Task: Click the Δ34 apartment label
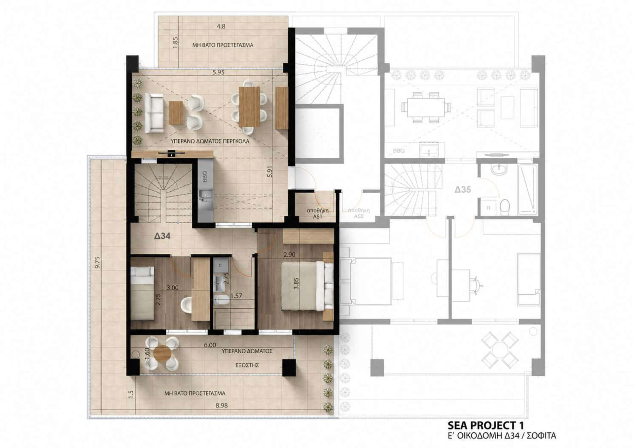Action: tap(162, 236)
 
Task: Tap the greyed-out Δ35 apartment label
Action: tap(463, 190)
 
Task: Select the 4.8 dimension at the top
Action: tap(221, 26)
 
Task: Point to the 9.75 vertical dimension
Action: tap(97, 262)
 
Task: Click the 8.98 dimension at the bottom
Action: tap(222, 405)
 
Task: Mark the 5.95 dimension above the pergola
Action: tap(219, 72)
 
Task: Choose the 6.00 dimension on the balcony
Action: tap(210, 345)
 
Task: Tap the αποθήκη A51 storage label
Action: tap(317, 213)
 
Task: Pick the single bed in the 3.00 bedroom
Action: tap(142, 293)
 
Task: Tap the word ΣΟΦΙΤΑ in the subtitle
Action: tap(541, 436)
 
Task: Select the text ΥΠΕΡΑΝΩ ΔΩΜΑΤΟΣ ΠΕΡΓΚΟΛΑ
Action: tap(210, 141)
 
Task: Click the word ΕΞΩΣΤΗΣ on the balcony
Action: tap(247, 365)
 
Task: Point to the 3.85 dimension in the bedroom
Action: tap(296, 284)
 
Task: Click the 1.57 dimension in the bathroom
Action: tap(236, 296)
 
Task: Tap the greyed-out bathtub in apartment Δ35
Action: tap(528, 190)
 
